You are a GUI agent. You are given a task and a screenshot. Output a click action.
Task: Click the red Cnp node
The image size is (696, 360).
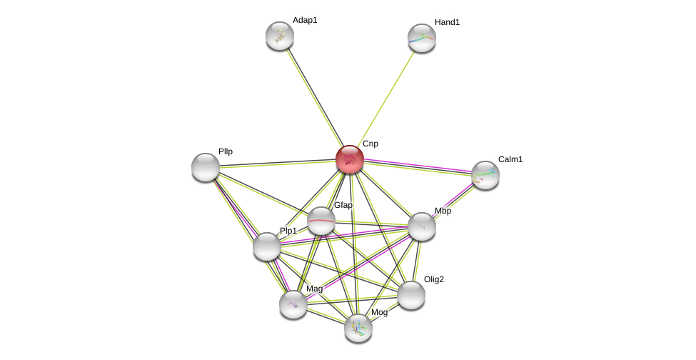[x=350, y=159]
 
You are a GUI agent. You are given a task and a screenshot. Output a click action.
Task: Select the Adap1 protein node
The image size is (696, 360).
[x=280, y=36]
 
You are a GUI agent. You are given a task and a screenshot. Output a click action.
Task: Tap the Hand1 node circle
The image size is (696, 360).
[x=422, y=38]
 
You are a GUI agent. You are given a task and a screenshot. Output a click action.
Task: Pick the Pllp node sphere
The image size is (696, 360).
[x=206, y=167]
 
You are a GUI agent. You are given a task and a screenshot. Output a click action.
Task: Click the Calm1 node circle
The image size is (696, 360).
[x=485, y=175]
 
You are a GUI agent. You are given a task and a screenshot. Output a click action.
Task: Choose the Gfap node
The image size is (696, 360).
[x=321, y=221]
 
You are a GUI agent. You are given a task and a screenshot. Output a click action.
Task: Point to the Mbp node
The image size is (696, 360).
[x=422, y=226]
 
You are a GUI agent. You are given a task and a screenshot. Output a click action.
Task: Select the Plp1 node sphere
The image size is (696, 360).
[x=267, y=246]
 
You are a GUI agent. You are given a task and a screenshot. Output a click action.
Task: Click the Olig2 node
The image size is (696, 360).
[x=411, y=295]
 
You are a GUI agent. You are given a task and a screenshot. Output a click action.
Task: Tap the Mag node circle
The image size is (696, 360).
[x=293, y=304]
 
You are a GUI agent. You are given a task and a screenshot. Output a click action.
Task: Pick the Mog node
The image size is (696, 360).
[x=358, y=328]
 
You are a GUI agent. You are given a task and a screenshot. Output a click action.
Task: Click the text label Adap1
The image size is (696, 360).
[x=305, y=20]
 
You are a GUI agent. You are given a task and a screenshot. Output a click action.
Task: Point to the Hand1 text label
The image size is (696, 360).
[x=447, y=22]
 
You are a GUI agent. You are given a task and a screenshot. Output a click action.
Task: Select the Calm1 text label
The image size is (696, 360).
[x=510, y=159]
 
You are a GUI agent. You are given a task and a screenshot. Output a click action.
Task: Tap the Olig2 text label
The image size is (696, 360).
[x=434, y=279]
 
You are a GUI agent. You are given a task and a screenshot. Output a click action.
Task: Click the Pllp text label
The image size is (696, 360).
[x=226, y=151]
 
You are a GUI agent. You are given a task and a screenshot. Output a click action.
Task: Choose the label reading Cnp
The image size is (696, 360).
[x=370, y=144]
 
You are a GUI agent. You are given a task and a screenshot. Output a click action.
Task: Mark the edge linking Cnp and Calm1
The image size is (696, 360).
[x=418, y=166]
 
